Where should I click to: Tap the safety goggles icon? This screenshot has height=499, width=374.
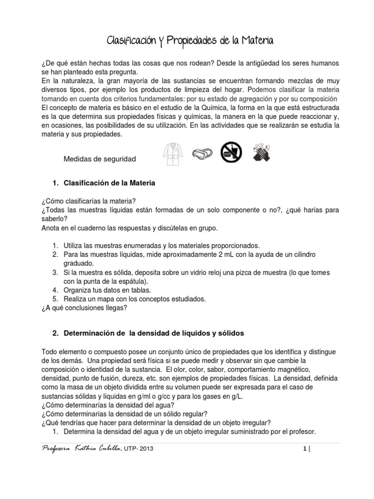click(x=202, y=153)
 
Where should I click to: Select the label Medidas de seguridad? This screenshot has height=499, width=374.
click(x=100, y=159)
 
